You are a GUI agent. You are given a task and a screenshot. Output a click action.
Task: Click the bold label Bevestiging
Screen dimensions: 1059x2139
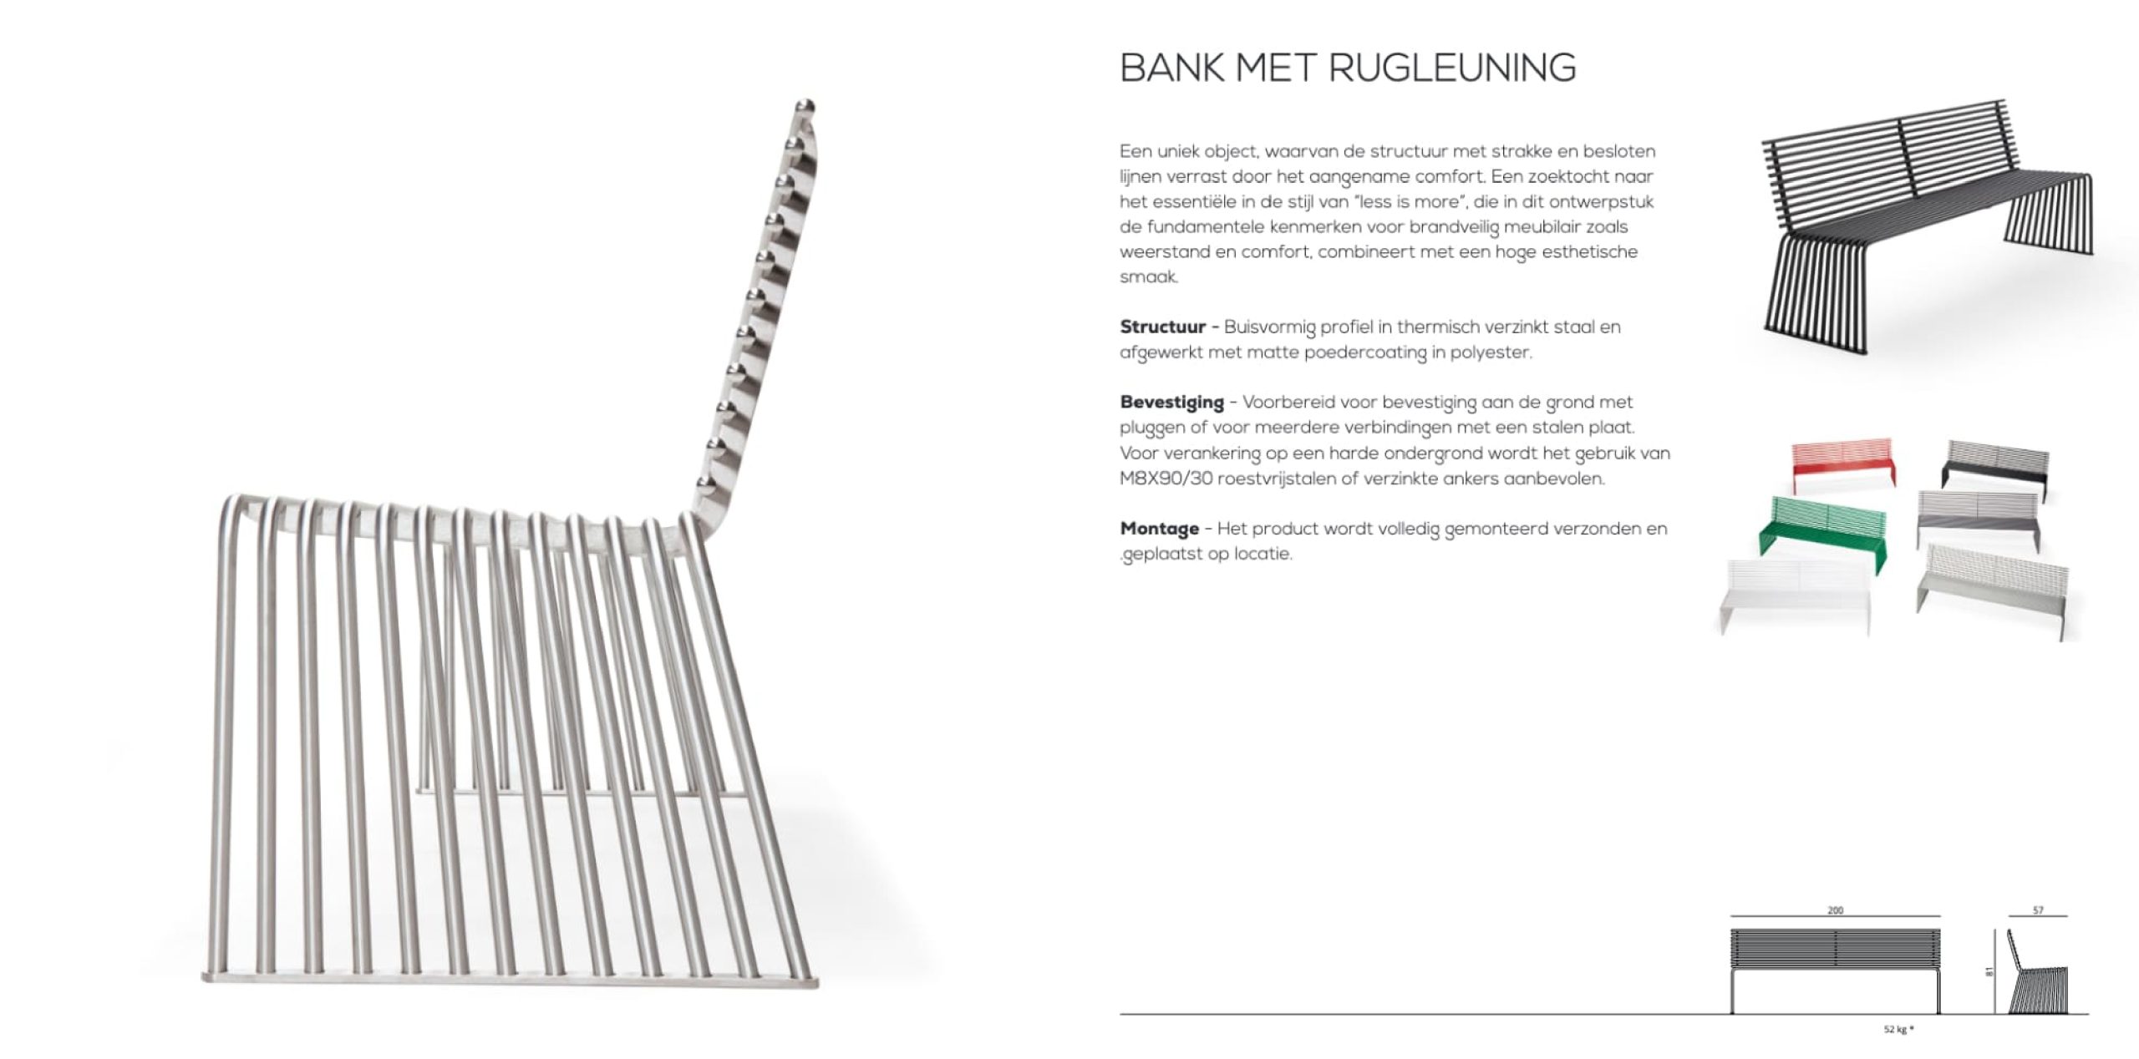click(1171, 402)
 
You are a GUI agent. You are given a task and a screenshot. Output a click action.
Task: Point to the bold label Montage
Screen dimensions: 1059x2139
click(1159, 529)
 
